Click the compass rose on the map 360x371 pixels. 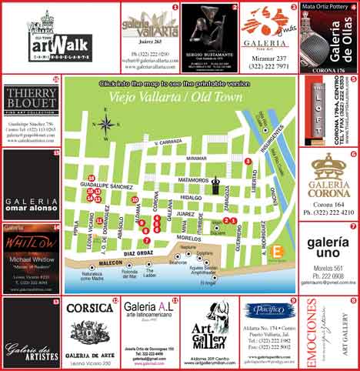point(107,123)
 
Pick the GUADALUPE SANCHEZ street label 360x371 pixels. point(101,186)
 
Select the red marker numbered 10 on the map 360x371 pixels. point(135,200)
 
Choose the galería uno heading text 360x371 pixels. point(329,248)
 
